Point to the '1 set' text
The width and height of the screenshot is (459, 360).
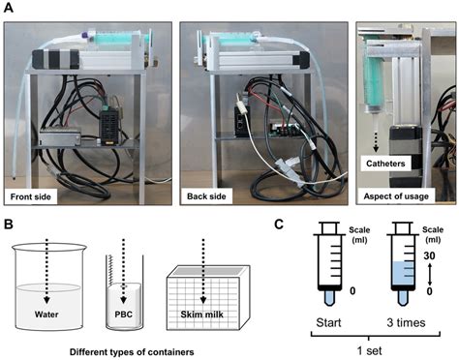pyautogui.click(x=365, y=349)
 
